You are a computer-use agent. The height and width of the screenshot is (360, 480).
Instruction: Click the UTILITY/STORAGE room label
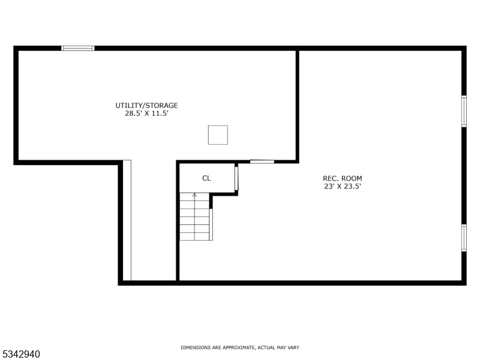(x=146, y=106)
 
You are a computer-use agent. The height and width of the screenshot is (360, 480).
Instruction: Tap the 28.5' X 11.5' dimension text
(x=146, y=113)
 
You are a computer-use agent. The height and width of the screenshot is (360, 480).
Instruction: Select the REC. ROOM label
(x=343, y=178)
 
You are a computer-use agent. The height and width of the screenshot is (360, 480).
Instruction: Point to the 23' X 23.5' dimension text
(x=343, y=186)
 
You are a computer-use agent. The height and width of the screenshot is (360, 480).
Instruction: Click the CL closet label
(x=206, y=178)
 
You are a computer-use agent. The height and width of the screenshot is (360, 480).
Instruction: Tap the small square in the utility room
(x=218, y=134)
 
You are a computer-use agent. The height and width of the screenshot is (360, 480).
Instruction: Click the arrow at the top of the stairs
(x=194, y=195)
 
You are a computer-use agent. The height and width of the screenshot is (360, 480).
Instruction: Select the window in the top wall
(x=78, y=48)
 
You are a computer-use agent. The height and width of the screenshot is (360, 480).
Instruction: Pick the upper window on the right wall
(x=463, y=111)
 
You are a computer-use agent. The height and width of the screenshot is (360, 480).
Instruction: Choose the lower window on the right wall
(x=463, y=237)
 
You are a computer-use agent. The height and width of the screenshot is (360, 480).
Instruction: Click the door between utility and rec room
(x=262, y=161)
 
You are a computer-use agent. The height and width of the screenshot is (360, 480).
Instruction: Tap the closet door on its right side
(x=236, y=178)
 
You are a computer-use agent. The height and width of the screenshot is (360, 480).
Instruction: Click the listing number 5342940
(x=21, y=354)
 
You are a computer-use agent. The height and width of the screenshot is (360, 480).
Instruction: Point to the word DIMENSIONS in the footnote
(x=196, y=348)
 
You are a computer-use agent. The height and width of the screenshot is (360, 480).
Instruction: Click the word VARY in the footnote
(x=293, y=348)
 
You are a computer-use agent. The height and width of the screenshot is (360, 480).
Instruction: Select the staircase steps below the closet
(x=194, y=219)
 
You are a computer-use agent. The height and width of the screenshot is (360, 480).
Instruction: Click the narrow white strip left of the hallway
(x=127, y=220)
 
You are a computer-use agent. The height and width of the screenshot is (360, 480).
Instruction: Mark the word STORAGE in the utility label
(x=163, y=106)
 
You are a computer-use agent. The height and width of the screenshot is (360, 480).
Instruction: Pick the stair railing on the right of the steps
(x=211, y=224)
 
